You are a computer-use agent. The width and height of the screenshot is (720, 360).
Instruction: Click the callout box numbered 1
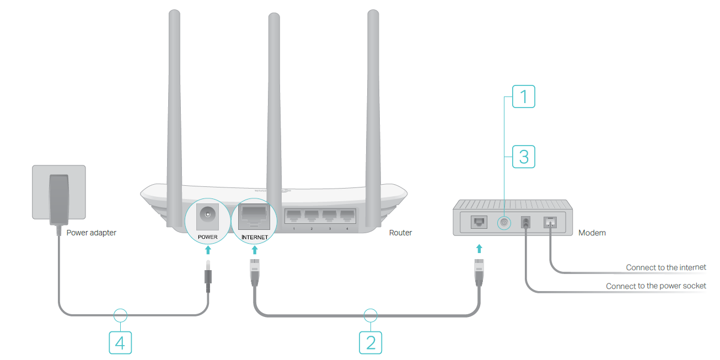pos(524,97)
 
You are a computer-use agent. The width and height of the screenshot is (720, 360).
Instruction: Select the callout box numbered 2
pos(370,342)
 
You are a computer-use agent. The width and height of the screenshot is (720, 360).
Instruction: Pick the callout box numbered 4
pos(120,342)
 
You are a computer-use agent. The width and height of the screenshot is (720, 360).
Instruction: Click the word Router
pos(400,233)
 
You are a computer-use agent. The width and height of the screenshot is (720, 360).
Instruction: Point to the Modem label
pos(592,233)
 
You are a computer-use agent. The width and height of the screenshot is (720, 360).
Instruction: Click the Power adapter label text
pos(92,233)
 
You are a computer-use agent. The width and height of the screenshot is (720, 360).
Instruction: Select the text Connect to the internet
pos(665,267)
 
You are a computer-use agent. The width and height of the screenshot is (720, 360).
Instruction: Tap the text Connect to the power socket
pos(655,286)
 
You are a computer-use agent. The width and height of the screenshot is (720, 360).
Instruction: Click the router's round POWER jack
pos(208,215)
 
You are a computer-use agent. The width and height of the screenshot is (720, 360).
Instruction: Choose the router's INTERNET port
pos(254,216)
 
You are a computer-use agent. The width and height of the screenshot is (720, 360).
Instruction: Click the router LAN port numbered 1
pos(294,216)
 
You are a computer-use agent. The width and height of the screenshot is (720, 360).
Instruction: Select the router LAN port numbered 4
pos(347,216)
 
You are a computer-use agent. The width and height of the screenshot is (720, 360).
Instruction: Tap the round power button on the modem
pos(504,222)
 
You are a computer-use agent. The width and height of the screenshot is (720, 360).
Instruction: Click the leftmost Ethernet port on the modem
pos(479,222)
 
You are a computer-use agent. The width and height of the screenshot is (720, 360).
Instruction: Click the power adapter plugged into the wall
pos(59,199)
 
